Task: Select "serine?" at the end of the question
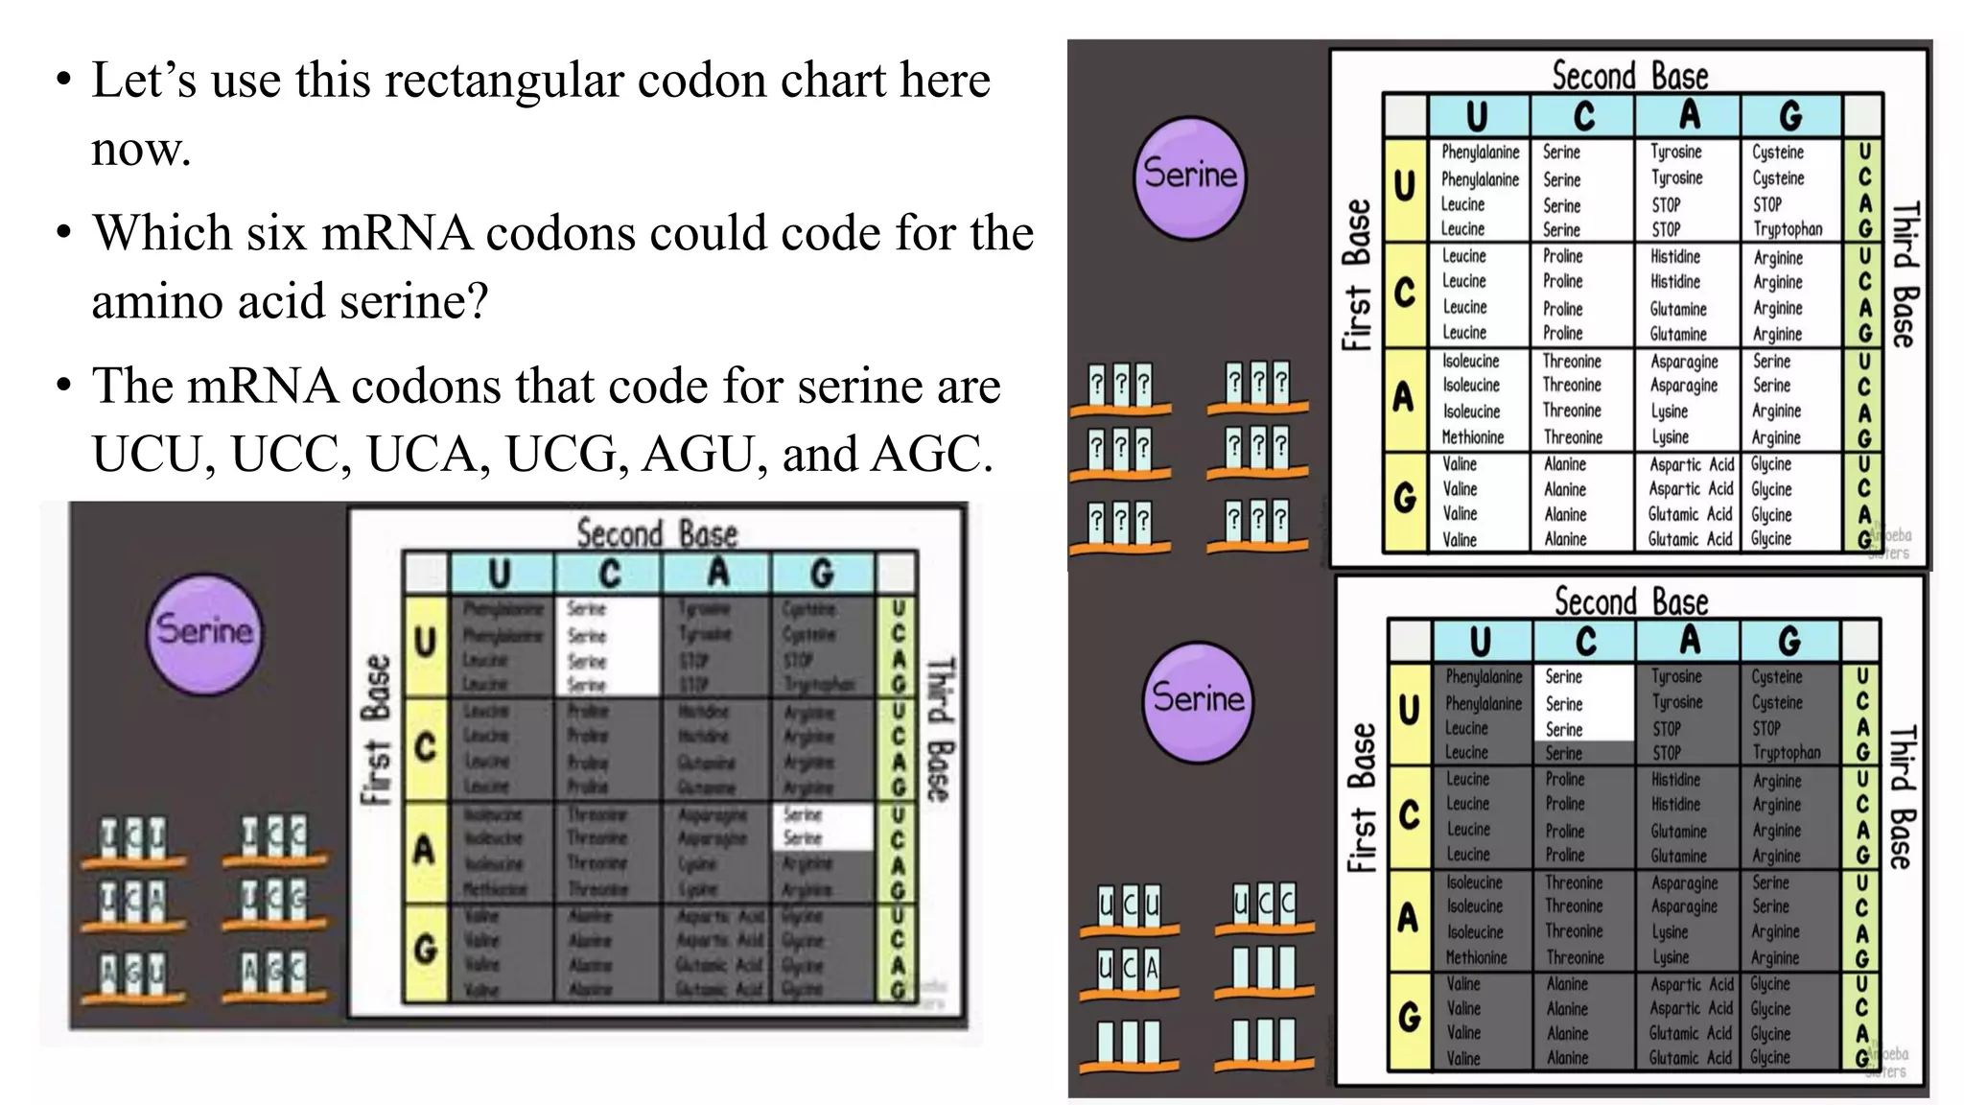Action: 408,301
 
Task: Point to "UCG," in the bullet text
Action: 567,455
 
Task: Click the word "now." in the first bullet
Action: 141,149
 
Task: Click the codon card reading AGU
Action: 134,975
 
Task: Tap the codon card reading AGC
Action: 274,975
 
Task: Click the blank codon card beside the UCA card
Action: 1264,971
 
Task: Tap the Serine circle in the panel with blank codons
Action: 1198,698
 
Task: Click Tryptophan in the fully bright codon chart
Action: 1788,229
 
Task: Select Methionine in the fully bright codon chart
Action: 1473,437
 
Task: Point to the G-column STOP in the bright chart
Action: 1767,204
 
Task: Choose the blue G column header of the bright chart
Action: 1790,116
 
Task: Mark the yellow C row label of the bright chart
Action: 1405,294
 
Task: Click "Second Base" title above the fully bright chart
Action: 1630,75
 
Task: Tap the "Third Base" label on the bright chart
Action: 1905,273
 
